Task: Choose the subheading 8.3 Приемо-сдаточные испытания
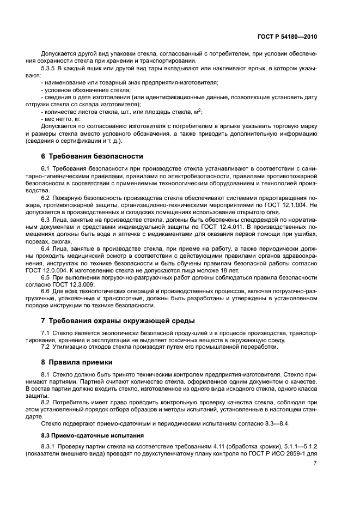point(92,435)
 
